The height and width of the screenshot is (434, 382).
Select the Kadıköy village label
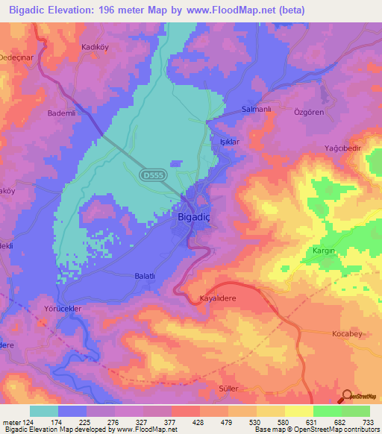tap(96, 46)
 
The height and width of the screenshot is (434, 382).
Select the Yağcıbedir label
tap(342, 148)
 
